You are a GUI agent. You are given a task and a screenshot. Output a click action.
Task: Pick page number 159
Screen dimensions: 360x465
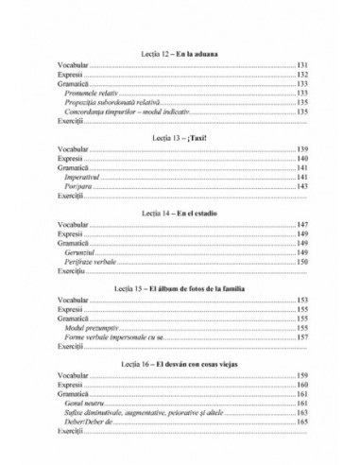[x=302, y=377]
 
